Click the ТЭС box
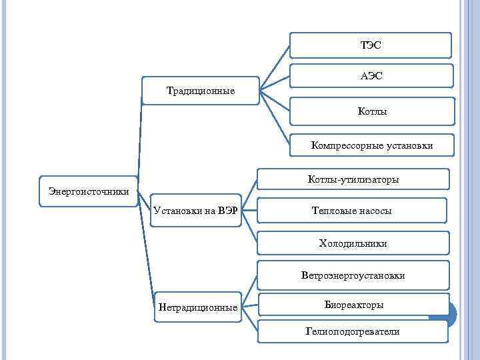click(371, 45)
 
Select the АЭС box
click(371, 77)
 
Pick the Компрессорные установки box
click(371, 145)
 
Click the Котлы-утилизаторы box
click(353, 179)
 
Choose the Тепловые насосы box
click(351, 211)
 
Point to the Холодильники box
click(353, 243)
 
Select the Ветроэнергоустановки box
click(353, 275)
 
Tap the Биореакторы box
click(353, 305)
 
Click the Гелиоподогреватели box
click(353, 331)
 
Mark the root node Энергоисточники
click(89, 191)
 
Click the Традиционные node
click(200, 91)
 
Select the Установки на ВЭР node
click(195, 211)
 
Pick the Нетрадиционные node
click(197, 307)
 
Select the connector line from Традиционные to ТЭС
click(275, 67)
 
